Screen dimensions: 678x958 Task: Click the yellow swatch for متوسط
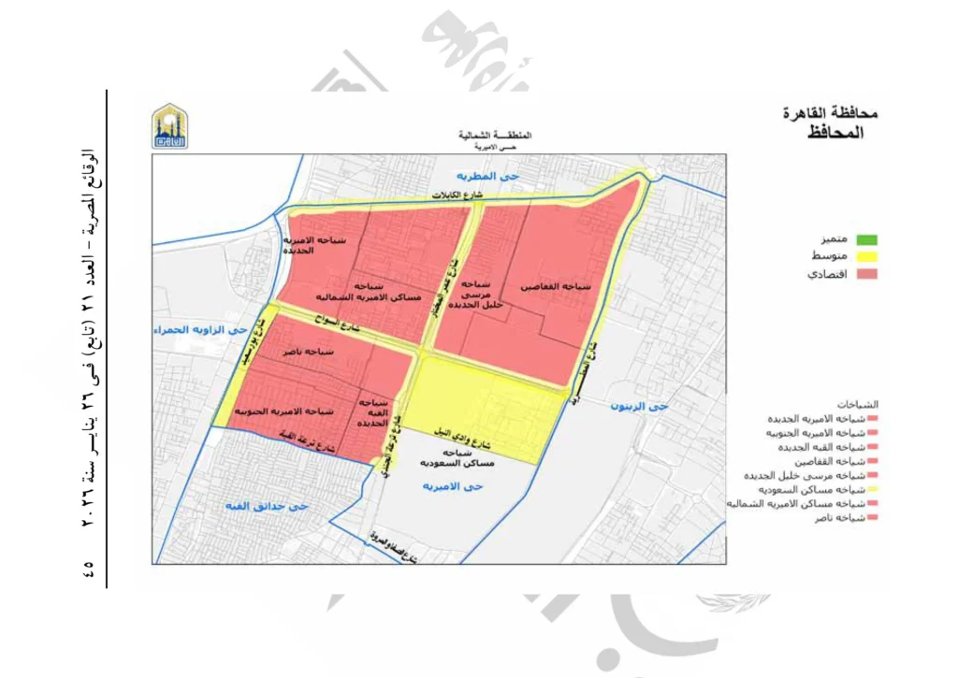coord(868,257)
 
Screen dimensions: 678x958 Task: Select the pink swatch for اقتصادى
coord(868,275)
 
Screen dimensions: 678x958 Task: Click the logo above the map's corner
coord(169,126)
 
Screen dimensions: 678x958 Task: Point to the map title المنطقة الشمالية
coord(495,136)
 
